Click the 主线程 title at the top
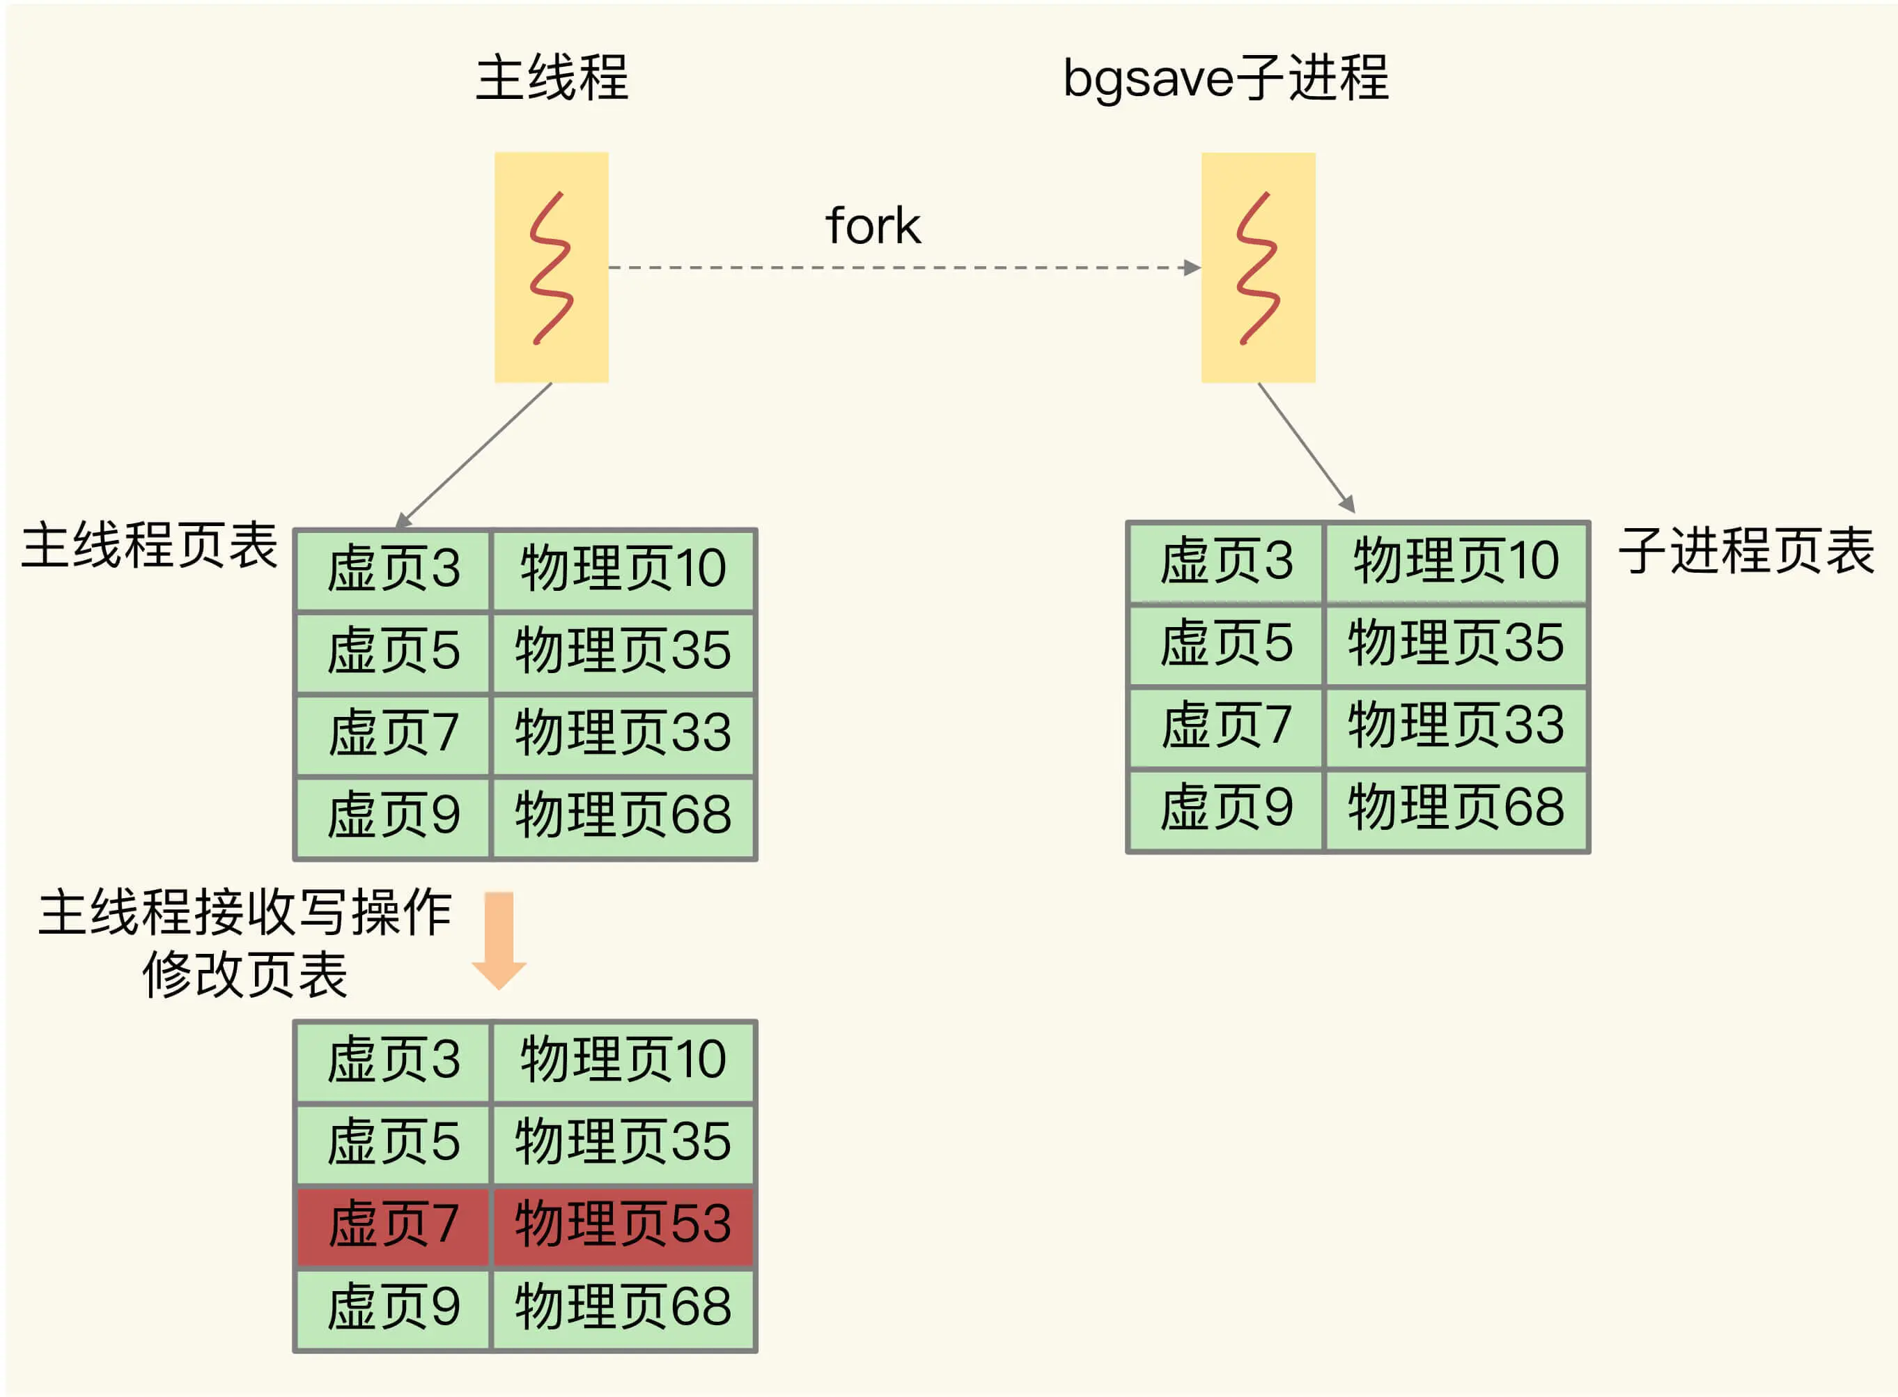[x=552, y=78]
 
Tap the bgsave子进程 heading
[x=1226, y=78]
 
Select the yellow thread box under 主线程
[x=551, y=268]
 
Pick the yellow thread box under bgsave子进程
[x=1258, y=268]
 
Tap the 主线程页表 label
[x=150, y=546]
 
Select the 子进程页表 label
[x=1747, y=550]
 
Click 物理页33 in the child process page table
[x=1456, y=725]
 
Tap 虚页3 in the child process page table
[x=1226, y=561]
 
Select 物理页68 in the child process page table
[x=1456, y=807]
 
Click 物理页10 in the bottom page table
[x=623, y=1060]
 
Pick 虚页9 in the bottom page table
[x=393, y=1306]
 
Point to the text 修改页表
[x=245, y=974]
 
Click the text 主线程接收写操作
[x=245, y=913]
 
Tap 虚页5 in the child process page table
[x=1226, y=642]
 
